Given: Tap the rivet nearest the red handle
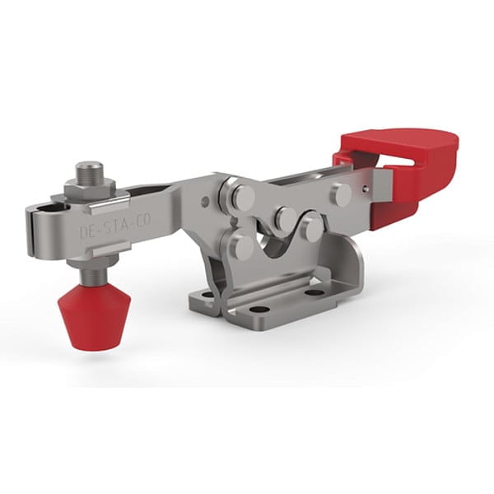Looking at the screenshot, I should tap(341, 194).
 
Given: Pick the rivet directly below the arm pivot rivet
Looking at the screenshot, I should tap(241, 245).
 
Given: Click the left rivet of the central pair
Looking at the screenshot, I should tap(285, 218).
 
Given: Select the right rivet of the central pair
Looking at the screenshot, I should tap(311, 226).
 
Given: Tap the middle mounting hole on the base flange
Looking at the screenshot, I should tap(259, 310).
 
